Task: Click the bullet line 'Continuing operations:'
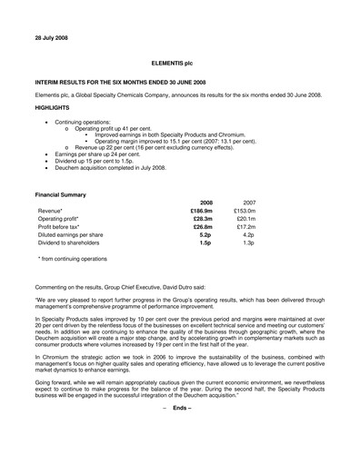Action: tap(81, 122)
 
